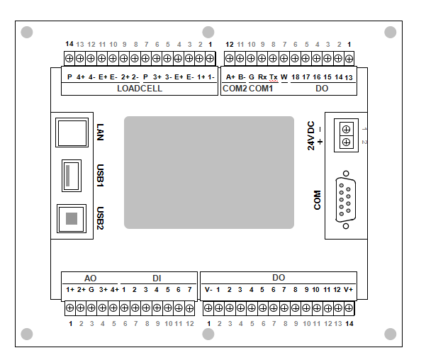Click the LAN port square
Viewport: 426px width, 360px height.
pos(71,133)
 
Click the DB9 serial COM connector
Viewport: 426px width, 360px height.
pos(345,201)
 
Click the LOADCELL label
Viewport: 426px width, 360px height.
pos(140,89)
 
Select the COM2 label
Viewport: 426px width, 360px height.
pos(234,89)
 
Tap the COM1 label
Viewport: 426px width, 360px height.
pos(261,89)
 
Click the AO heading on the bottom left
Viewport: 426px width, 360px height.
pos(90,279)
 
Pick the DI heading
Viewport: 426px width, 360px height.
pos(157,279)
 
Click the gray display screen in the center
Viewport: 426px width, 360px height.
pos(209,172)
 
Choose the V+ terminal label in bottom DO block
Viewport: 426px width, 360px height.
pos(348,290)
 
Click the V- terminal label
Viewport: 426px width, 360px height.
pos(208,290)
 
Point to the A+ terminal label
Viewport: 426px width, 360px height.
pos(230,77)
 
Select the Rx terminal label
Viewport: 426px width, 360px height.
pos(262,77)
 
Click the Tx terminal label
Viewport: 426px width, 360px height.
pos(274,77)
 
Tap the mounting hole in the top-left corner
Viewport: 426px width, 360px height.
pos(27,32)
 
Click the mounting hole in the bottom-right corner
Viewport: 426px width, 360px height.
pos(390,334)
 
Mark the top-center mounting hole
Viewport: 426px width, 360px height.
pos(208,32)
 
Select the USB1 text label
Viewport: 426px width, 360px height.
pos(100,174)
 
